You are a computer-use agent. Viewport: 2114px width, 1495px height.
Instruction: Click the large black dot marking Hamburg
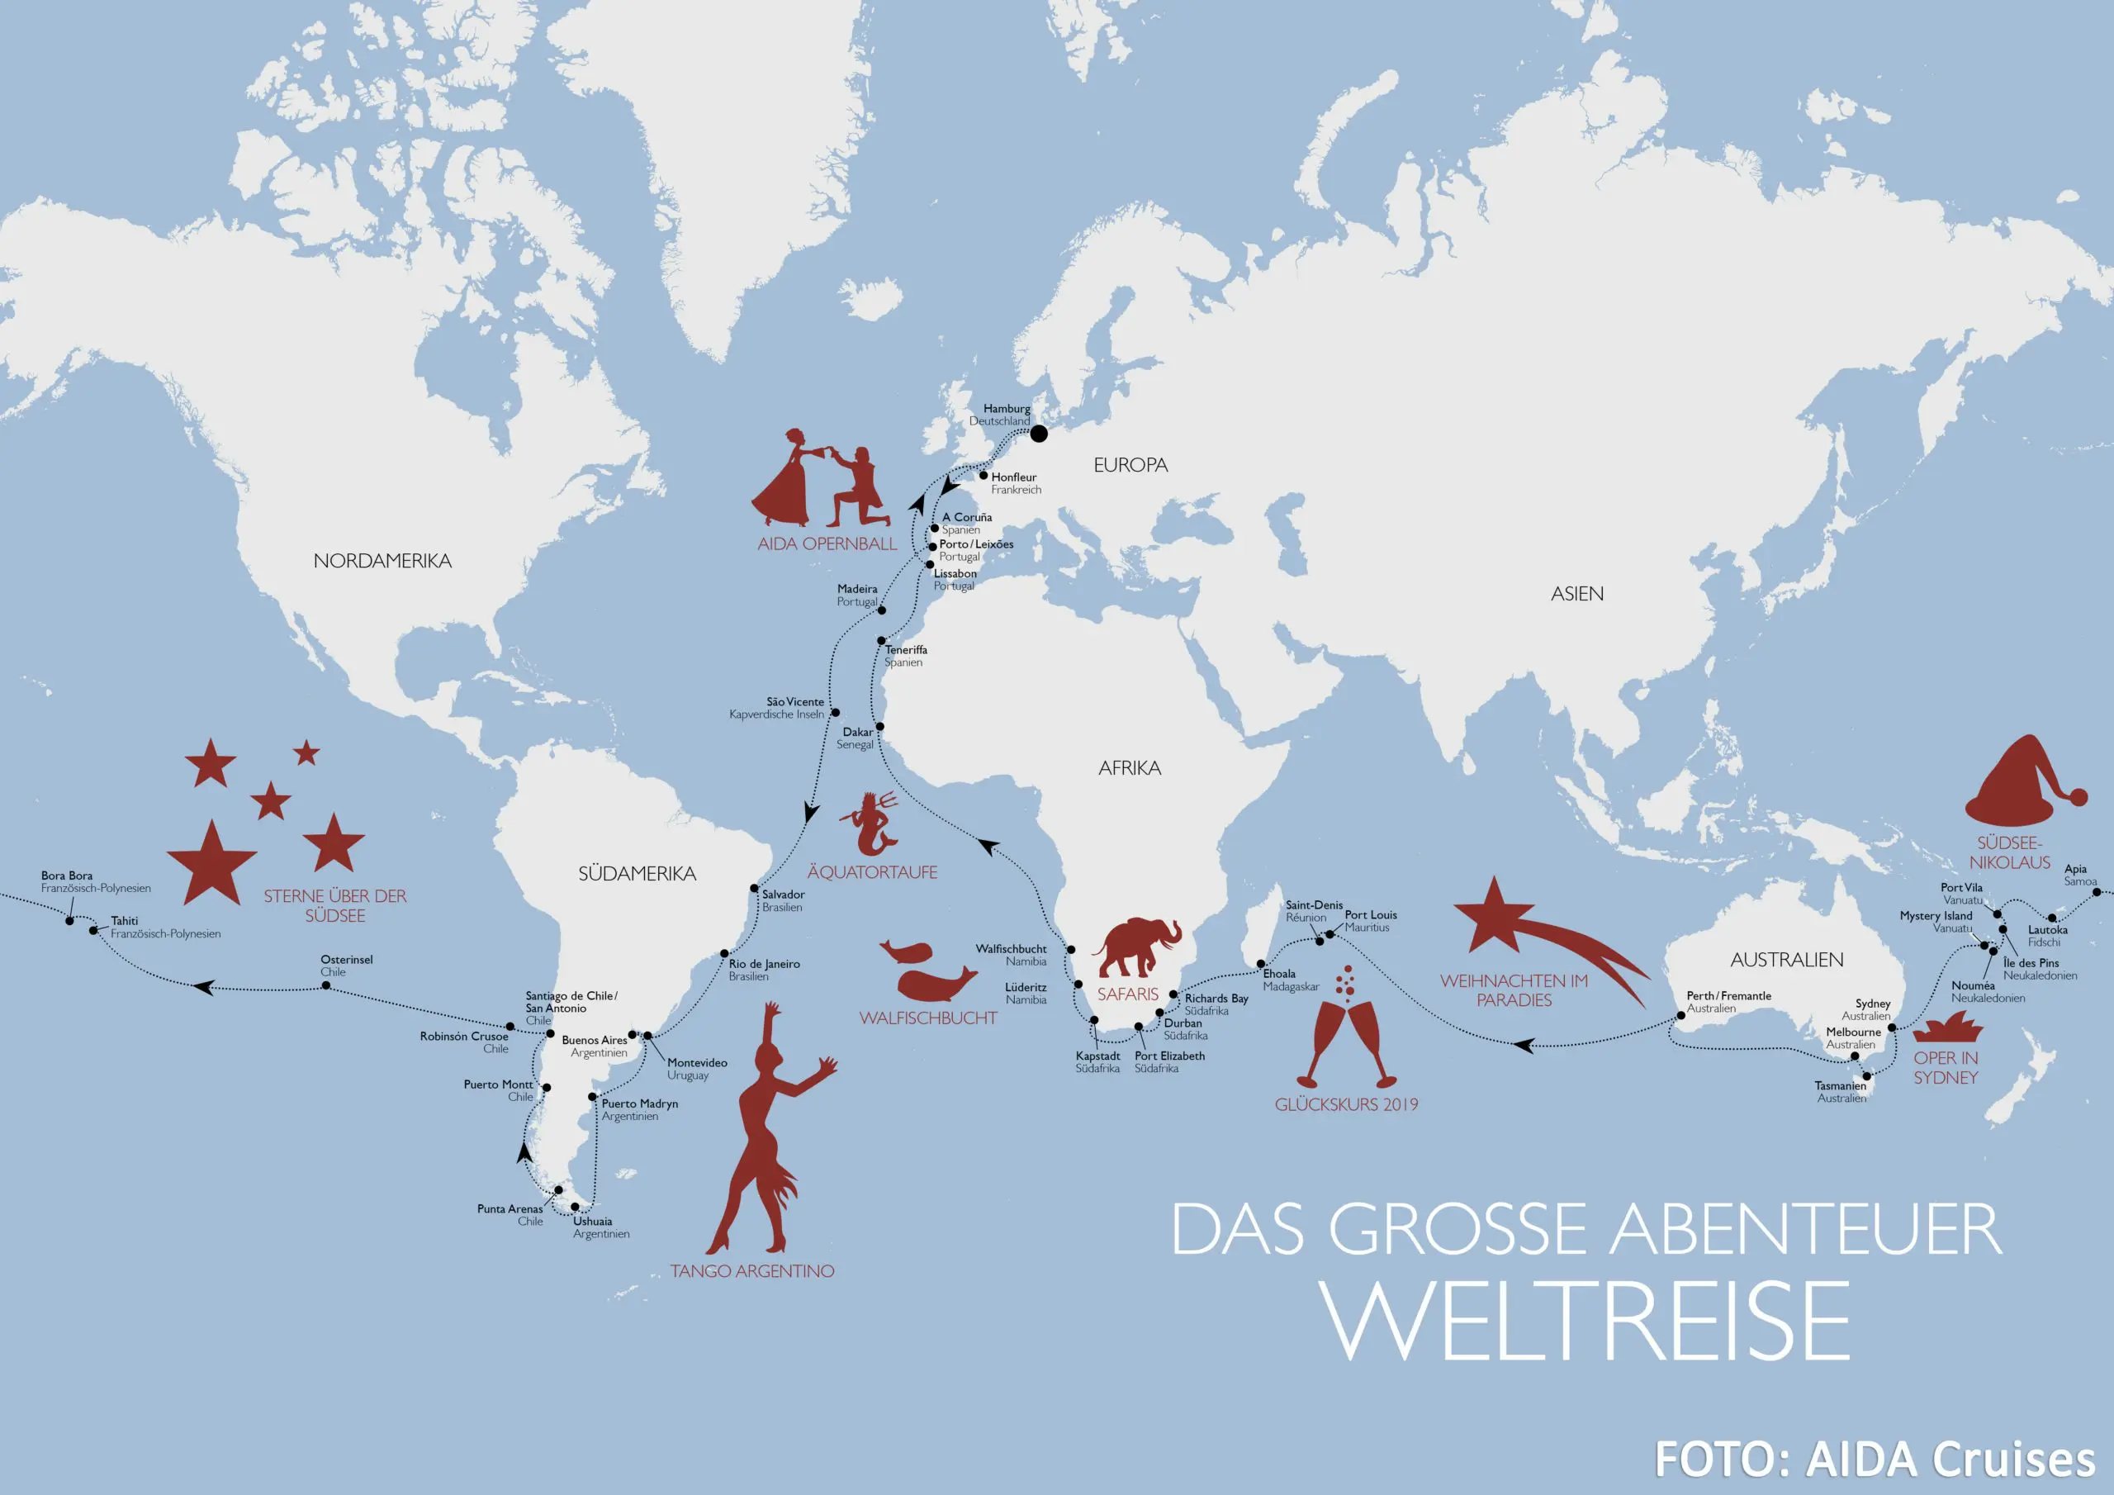pyautogui.click(x=1039, y=433)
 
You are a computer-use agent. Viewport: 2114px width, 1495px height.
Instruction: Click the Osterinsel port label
pyautogui.click(x=346, y=965)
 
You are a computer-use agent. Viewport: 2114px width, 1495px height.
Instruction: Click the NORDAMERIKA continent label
pyautogui.click(x=382, y=561)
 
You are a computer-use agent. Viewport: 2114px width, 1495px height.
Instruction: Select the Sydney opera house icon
pyautogui.click(x=1947, y=1028)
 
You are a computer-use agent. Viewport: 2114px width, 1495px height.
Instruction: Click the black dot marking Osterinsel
pyautogui.click(x=326, y=985)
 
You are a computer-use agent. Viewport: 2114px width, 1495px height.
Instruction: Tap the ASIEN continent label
pyautogui.click(x=1576, y=594)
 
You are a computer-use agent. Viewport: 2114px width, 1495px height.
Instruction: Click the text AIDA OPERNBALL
pyautogui.click(x=827, y=543)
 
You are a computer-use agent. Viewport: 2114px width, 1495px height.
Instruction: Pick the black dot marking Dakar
pyautogui.click(x=879, y=727)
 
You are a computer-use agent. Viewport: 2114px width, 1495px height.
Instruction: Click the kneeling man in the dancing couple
pyautogui.click(x=860, y=488)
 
